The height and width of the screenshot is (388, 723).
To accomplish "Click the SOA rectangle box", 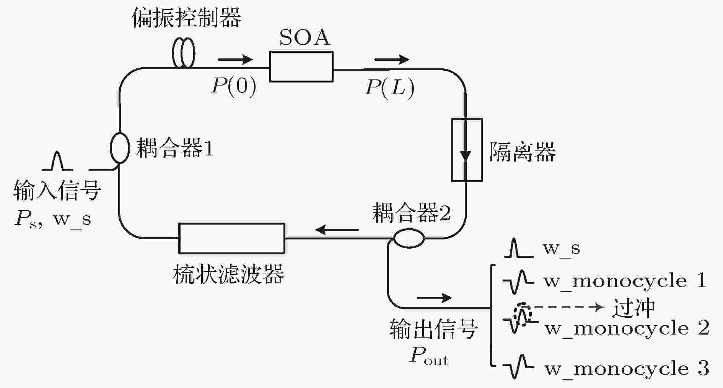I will pyautogui.click(x=301, y=67).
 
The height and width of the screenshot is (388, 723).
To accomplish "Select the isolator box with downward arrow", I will pyautogui.click(x=466, y=150).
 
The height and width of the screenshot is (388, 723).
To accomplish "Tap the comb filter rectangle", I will pyautogui.click(x=232, y=238).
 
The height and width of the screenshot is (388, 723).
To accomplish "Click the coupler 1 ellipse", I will pyautogui.click(x=120, y=147).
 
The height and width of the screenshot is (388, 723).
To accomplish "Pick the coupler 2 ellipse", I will pyautogui.click(x=409, y=238).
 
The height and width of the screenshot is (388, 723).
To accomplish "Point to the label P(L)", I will pyautogui.click(x=389, y=88).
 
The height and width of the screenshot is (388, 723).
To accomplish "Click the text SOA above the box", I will pyautogui.click(x=305, y=37).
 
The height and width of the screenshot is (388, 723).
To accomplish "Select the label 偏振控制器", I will pyautogui.click(x=186, y=18).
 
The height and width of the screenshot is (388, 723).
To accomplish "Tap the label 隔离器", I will pyautogui.click(x=522, y=152).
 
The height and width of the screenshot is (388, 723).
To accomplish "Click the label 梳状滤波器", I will pyautogui.click(x=228, y=274).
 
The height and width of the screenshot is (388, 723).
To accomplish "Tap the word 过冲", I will pyautogui.click(x=633, y=308).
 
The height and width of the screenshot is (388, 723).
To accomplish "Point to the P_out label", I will pyautogui.click(x=428, y=356).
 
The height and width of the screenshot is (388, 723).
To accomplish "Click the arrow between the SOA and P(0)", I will pyautogui.click(x=235, y=59).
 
